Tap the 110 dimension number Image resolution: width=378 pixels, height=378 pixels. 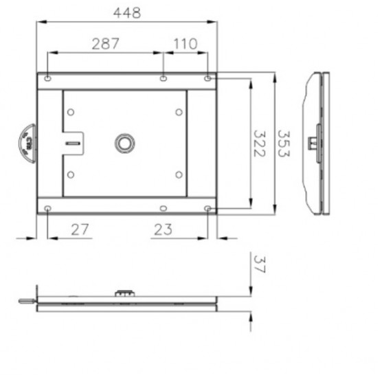point(185,44)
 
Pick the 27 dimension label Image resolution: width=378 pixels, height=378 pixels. point(80,230)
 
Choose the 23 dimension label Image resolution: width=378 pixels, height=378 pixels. point(162,230)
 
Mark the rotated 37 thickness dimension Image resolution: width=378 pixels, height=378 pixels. point(260,265)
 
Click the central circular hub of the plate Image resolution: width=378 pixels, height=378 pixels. point(125,144)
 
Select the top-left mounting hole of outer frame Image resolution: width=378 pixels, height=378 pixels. point(47,78)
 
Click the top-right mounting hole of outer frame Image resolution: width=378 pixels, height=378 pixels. point(208,78)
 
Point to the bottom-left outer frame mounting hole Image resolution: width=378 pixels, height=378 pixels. point(47,208)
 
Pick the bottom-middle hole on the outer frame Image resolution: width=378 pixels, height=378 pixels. point(162,208)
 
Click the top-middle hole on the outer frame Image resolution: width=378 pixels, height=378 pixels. point(162,78)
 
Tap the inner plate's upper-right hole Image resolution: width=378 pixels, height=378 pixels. point(178,111)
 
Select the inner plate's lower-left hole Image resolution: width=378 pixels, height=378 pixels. point(70,175)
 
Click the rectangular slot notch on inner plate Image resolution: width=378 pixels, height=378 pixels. point(72,143)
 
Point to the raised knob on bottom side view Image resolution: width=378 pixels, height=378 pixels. point(124,293)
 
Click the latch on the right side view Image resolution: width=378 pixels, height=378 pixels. point(314,143)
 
